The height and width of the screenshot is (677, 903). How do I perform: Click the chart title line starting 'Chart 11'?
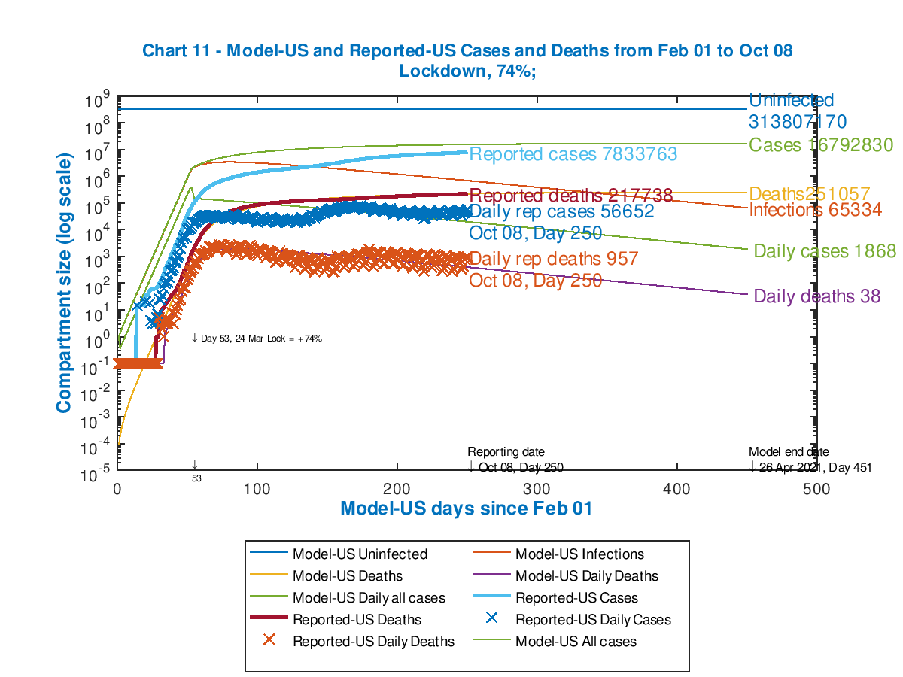point(467,51)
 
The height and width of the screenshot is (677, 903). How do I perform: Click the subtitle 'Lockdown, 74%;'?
point(467,71)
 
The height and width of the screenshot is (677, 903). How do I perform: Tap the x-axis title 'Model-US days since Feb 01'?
point(467,509)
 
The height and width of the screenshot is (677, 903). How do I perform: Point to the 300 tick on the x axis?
point(537,489)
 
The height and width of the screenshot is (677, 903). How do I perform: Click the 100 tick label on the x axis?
point(257,489)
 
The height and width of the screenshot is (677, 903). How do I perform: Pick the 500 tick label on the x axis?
point(816,489)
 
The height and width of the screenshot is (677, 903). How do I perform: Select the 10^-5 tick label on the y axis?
point(98,473)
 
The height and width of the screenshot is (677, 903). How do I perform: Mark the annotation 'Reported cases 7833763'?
point(573,155)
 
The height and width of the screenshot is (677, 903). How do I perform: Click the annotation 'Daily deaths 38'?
point(817,296)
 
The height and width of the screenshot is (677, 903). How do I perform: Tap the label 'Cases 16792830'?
point(821,145)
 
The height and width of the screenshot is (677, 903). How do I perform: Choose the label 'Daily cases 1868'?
point(825,251)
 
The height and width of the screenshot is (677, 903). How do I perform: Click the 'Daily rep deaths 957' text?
point(554,260)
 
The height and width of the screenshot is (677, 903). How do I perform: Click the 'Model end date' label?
point(789,452)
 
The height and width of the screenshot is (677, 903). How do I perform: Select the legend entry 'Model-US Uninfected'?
point(360,554)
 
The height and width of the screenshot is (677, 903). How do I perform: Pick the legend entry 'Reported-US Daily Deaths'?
point(373,642)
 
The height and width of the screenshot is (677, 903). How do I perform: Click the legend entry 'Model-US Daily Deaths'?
point(586,576)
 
